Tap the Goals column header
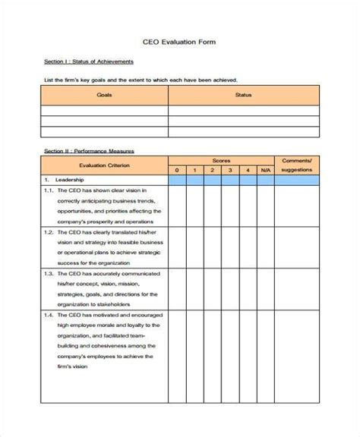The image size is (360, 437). pyautogui.click(x=103, y=96)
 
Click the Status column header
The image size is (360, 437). pyautogui.click(x=243, y=96)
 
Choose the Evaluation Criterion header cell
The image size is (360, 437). pyautogui.click(x=103, y=165)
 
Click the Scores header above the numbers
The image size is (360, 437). pyautogui.click(x=220, y=161)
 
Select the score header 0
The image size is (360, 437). pyautogui.click(x=176, y=170)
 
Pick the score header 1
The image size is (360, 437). pyautogui.click(x=194, y=170)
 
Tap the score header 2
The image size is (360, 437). pyautogui.click(x=212, y=170)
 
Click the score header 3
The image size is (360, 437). pyautogui.click(x=229, y=170)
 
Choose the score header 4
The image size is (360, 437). pyautogui.click(x=247, y=170)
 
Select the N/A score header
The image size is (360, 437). pyautogui.click(x=264, y=170)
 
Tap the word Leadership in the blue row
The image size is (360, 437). pyautogui.click(x=71, y=180)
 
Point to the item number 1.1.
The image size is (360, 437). pyautogui.click(x=47, y=190)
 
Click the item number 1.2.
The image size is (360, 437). pyautogui.click(x=47, y=231)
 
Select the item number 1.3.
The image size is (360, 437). pyautogui.click(x=47, y=272)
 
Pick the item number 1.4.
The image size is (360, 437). pyautogui.click(x=47, y=313)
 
